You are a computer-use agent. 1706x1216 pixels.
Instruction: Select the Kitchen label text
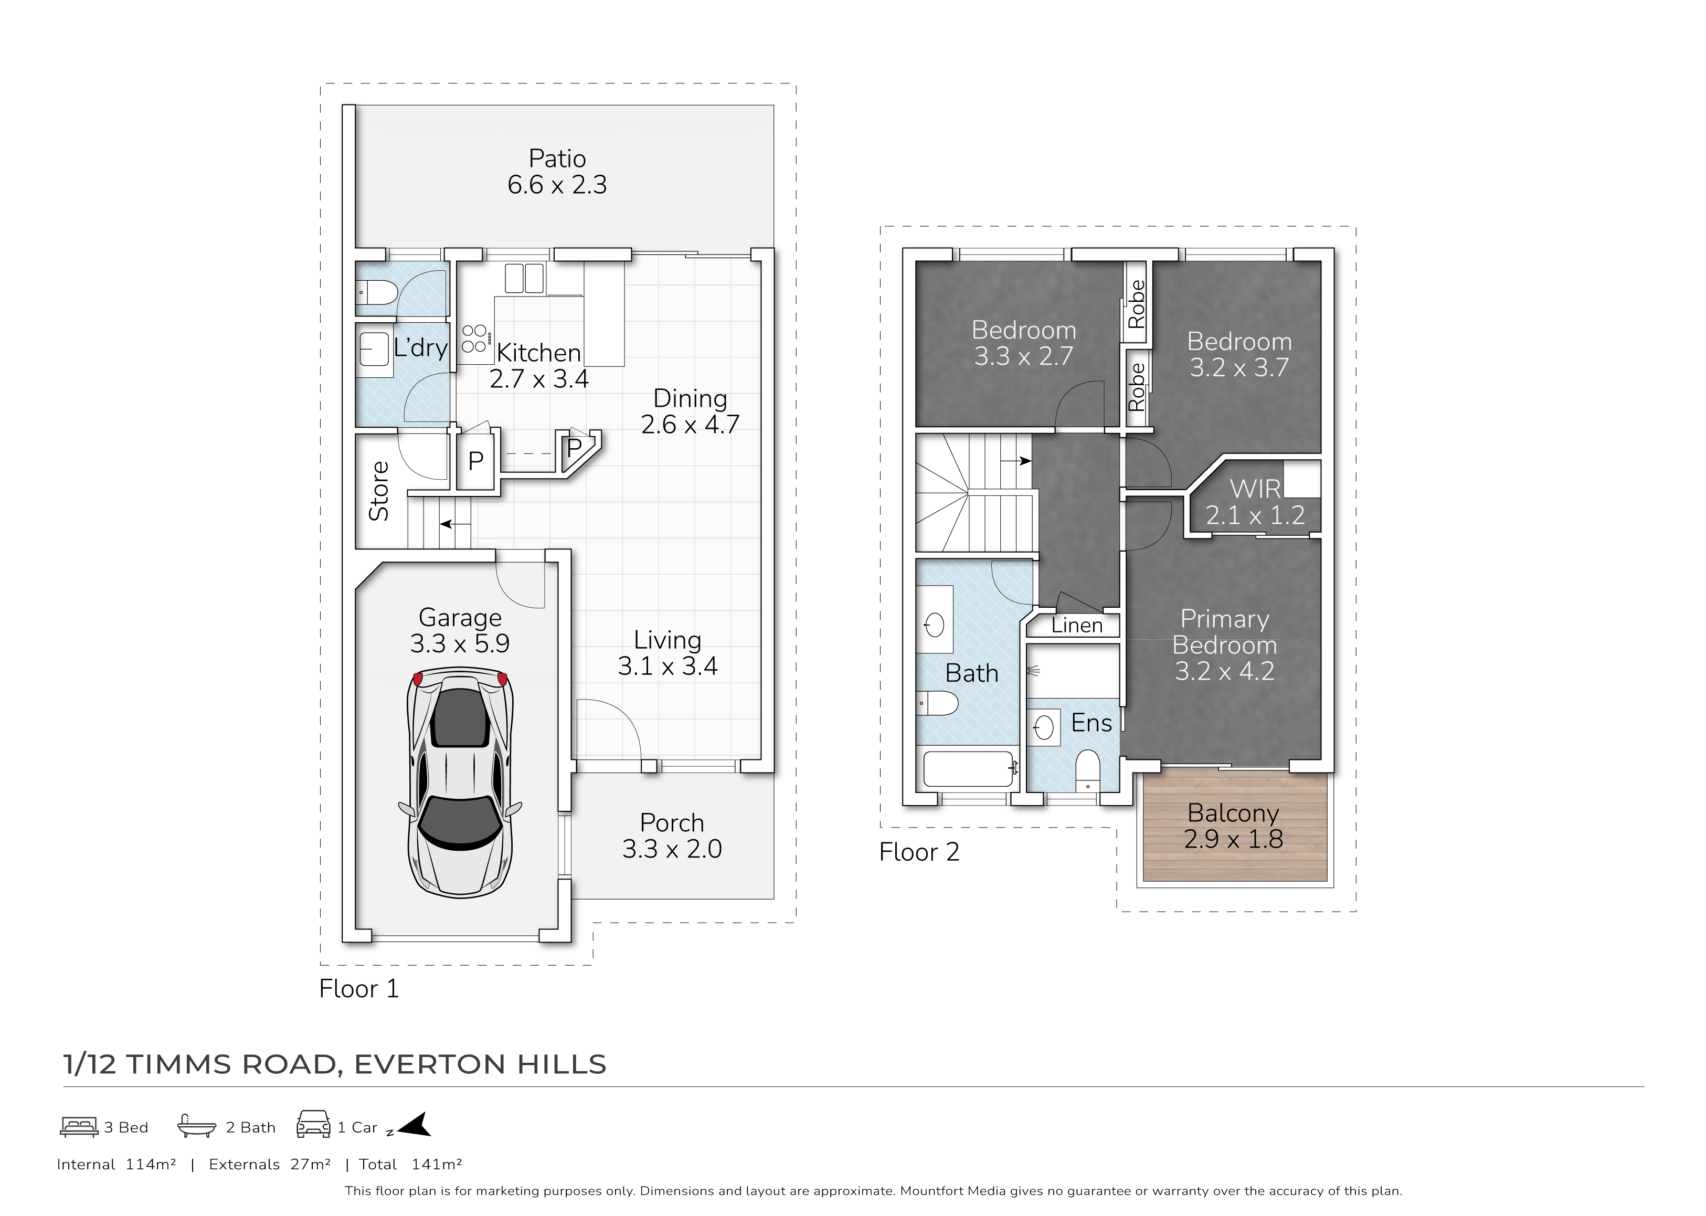point(539,352)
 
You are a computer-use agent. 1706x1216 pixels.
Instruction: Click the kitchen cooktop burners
point(474,339)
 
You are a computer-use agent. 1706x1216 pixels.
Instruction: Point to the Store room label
point(379,491)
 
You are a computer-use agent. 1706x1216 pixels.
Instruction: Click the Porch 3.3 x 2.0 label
point(672,836)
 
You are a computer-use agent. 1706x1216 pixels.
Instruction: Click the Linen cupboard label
point(1077,625)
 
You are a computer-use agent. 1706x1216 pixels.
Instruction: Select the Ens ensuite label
point(1092,723)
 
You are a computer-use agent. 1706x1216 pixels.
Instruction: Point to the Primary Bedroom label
point(1225,644)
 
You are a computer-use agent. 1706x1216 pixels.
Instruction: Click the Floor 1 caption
point(359,989)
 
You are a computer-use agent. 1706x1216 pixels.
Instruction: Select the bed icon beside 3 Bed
point(79,1127)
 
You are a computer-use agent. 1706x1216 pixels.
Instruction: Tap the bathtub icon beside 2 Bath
point(197,1126)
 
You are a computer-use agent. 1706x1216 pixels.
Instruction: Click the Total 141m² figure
point(410,1165)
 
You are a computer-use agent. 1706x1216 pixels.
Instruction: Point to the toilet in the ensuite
point(1087,772)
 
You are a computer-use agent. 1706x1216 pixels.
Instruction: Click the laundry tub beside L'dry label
point(374,349)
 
